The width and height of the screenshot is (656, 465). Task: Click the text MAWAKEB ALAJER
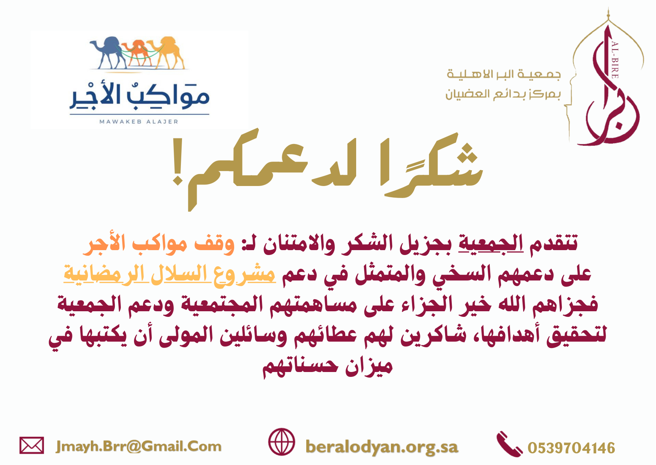pyautogui.click(x=139, y=121)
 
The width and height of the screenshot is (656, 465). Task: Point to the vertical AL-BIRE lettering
pyautogui.click(x=615, y=60)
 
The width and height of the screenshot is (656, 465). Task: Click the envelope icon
pyautogui.click(x=32, y=445)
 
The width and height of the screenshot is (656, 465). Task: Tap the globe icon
pyautogui.click(x=281, y=442)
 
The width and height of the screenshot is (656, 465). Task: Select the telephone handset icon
pyautogui.click(x=509, y=444)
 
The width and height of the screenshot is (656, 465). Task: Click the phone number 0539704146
pyautogui.click(x=571, y=448)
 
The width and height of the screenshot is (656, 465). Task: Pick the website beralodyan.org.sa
pyautogui.click(x=382, y=447)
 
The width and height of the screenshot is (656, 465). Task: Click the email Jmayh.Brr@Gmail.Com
pyautogui.click(x=138, y=446)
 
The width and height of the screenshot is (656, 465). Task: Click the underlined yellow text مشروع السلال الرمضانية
pyautogui.click(x=170, y=274)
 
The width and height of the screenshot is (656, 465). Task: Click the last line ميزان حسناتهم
pyautogui.click(x=328, y=366)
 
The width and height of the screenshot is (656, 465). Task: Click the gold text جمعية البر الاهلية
pyautogui.click(x=503, y=74)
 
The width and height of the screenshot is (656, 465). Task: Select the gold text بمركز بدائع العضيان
pyautogui.click(x=503, y=94)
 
